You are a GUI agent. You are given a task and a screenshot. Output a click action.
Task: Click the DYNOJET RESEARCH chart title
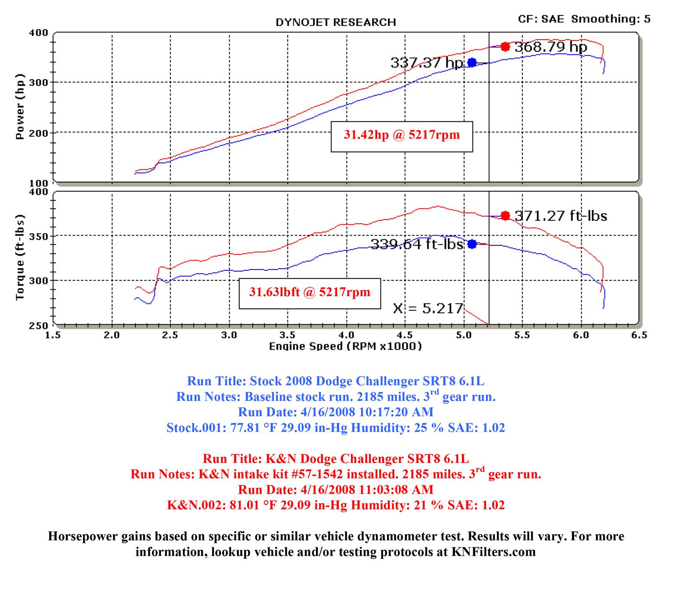click(335, 22)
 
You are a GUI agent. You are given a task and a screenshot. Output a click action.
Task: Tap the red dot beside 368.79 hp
click(505, 46)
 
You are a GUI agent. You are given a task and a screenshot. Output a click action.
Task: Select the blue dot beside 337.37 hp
click(472, 62)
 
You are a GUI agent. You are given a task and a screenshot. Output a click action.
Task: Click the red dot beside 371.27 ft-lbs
click(505, 215)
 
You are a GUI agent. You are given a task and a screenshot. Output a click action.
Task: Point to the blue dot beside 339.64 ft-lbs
click(472, 244)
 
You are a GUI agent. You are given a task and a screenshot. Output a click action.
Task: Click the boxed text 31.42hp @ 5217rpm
click(402, 135)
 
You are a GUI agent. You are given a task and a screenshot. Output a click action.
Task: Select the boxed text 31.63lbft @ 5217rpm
click(310, 292)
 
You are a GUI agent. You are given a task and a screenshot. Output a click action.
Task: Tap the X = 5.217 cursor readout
click(428, 308)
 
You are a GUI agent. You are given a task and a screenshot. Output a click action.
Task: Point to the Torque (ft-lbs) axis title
click(20, 257)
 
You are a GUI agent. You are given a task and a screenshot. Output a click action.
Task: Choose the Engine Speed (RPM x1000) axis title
click(345, 346)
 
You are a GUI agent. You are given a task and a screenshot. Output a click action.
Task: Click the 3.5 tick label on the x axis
click(287, 335)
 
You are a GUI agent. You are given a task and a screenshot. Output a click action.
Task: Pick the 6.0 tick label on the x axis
click(580, 335)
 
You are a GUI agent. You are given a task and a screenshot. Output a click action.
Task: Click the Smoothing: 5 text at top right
click(611, 19)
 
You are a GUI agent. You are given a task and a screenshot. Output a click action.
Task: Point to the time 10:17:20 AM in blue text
click(396, 412)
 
